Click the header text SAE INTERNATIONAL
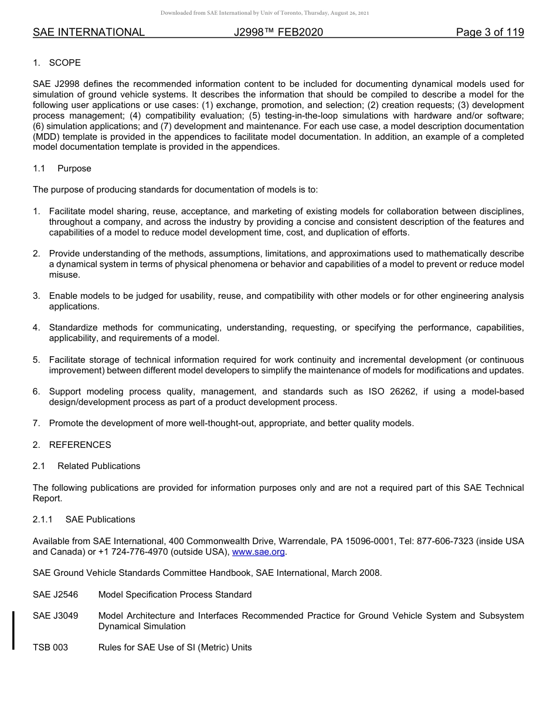coord(89,33)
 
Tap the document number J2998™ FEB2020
coord(278,33)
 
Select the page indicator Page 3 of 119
coord(490,33)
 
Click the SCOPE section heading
coord(64,63)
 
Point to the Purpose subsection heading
coord(74,168)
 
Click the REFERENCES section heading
coord(80,445)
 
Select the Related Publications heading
coord(99,466)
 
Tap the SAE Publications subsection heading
coord(100,519)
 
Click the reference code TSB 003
coord(50,647)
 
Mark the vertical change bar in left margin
coord(13,630)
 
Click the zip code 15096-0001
coord(366,541)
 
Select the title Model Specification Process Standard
coord(175,595)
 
